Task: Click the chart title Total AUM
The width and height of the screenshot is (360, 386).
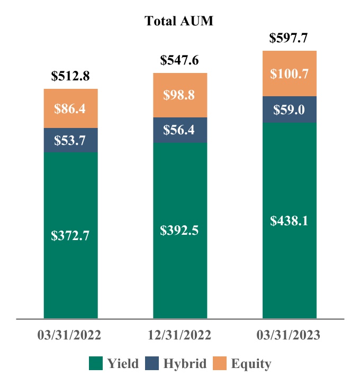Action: click(x=178, y=22)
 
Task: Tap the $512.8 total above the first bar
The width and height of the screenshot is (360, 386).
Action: click(x=70, y=76)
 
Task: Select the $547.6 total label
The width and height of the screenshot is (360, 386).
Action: click(x=180, y=60)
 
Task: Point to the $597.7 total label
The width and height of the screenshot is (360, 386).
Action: click(x=289, y=38)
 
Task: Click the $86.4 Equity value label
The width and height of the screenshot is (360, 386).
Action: click(x=70, y=109)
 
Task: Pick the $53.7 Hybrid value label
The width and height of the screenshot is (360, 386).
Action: click(x=70, y=140)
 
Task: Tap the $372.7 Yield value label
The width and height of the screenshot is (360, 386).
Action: click(x=70, y=236)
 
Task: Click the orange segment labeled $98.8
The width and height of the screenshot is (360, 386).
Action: click(x=180, y=95)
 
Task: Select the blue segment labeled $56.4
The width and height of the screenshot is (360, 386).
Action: click(x=180, y=130)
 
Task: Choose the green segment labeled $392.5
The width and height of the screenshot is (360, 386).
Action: click(x=180, y=231)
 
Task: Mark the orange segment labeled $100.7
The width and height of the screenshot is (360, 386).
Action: click(x=289, y=73)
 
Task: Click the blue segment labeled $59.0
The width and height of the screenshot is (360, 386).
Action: click(x=289, y=109)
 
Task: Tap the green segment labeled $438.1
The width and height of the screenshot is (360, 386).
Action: click(x=289, y=220)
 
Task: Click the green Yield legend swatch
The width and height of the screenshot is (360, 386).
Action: click(x=95, y=363)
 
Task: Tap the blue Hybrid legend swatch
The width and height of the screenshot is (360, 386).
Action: click(x=151, y=363)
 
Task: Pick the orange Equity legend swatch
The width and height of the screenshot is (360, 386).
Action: click(x=220, y=363)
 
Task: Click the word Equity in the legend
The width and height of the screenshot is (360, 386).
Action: click(x=251, y=364)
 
